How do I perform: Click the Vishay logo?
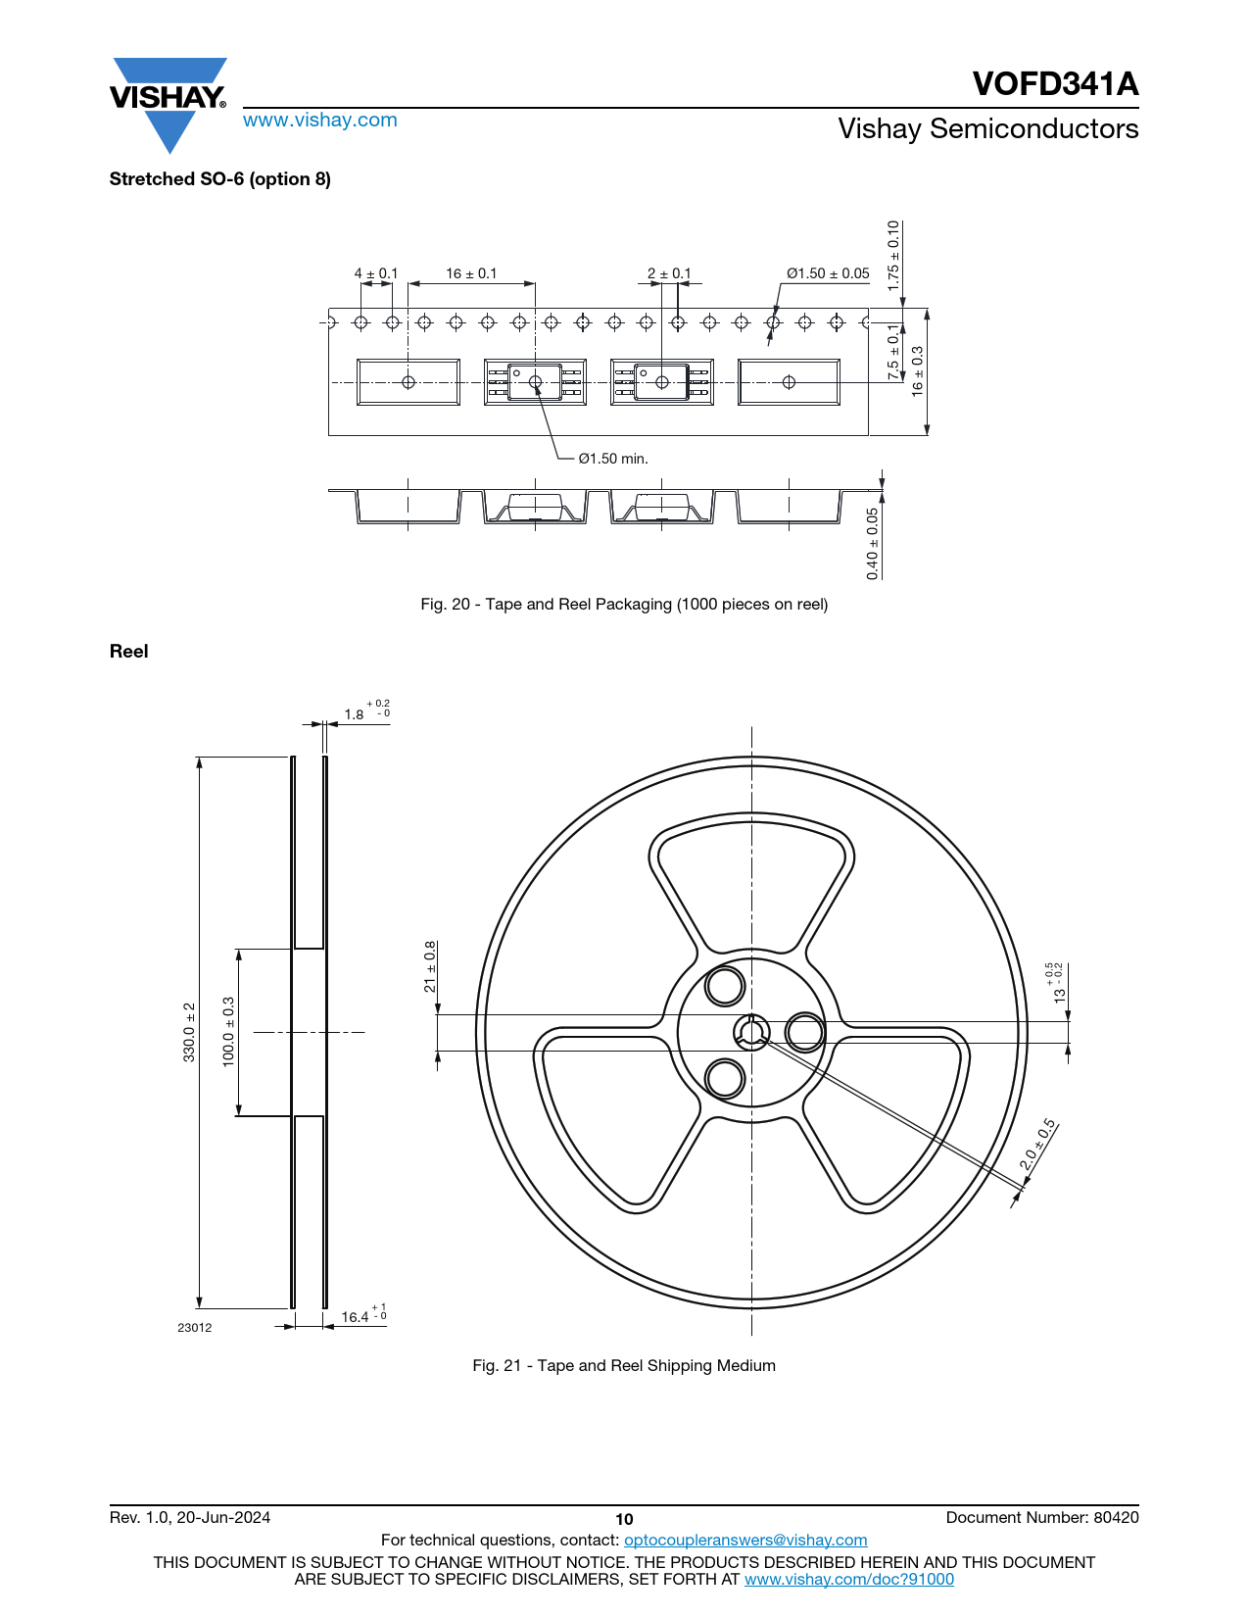pyautogui.click(x=168, y=105)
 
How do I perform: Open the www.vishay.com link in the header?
pyautogui.click(x=320, y=120)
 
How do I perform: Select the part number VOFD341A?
pyautogui.click(x=1055, y=83)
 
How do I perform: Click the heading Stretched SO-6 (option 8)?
pyautogui.click(x=220, y=179)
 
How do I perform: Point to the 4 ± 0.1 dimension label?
pyautogui.click(x=375, y=273)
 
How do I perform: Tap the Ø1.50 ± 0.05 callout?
pyautogui.click(x=828, y=273)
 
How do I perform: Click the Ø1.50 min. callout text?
pyautogui.click(x=613, y=459)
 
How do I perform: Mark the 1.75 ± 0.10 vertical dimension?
pyautogui.click(x=893, y=255)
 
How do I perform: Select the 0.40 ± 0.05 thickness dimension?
pyautogui.click(x=873, y=543)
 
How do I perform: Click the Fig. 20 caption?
pyautogui.click(x=624, y=605)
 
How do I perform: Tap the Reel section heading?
pyautogui.click(x=128, y=651)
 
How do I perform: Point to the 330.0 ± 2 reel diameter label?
pyautogui.click(x=189, y=1032)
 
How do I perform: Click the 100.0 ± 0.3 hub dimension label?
pyautogui.click(x=228, y=1032)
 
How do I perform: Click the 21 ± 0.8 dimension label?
pyautogui.click(x=430, y=966)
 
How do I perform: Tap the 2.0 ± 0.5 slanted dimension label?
pyautogui.click(x=1037, y=1145)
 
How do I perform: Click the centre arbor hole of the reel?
pyautogui.click(x=751, y=1032)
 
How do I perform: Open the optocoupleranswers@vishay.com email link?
pyautogui.click(x=745, y=1540)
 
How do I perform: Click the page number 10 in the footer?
pyautogui.click(x=624, y=1520)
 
